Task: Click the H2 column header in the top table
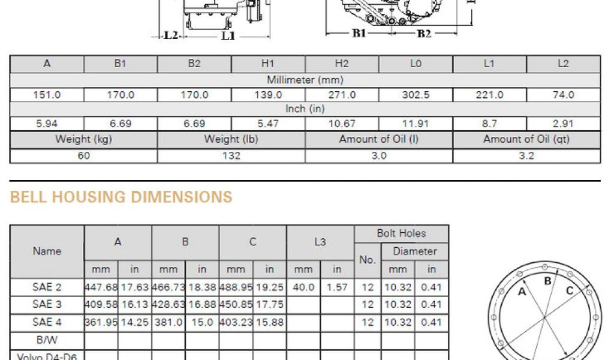(x=342, y=64)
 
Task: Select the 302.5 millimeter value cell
(x=416, y=95)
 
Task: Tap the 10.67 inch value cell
(x=342, y=124)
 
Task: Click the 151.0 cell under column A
(x=47, y=95)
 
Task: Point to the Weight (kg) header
(x=83, y=139)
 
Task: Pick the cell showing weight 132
(x=231, y=156)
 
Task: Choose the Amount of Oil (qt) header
(x=526, y=139)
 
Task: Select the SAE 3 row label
(x=47, y=304)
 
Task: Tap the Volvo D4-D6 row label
(x=47, y=356)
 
